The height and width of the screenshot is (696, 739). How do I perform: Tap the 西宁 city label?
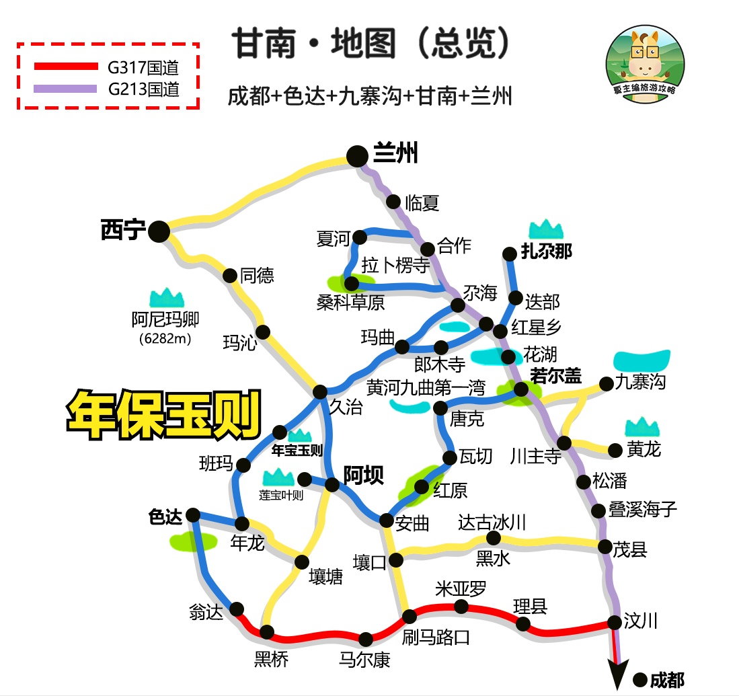point(123,231)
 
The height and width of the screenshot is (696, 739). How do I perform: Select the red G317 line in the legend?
point(66,66)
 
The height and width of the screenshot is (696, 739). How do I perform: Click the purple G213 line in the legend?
point(66,89)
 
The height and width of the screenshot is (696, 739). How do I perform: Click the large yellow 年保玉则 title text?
point(163,413)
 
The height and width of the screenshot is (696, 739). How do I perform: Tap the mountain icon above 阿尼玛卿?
point(166,297)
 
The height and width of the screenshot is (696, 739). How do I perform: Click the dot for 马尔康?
point(366,639)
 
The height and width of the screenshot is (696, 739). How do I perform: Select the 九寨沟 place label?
point(641,382)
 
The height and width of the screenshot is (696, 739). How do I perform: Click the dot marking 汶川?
point(615,622)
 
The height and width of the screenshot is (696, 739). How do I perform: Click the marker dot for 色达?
point(193,515)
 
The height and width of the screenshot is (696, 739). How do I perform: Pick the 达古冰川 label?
point(492,522)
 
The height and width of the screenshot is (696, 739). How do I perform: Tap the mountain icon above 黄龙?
point(642,426)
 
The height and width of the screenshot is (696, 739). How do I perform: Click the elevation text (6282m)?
point(165,339)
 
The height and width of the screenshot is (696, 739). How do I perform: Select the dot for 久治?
point(320,392)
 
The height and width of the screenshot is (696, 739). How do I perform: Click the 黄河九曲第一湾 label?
point(426,387)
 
